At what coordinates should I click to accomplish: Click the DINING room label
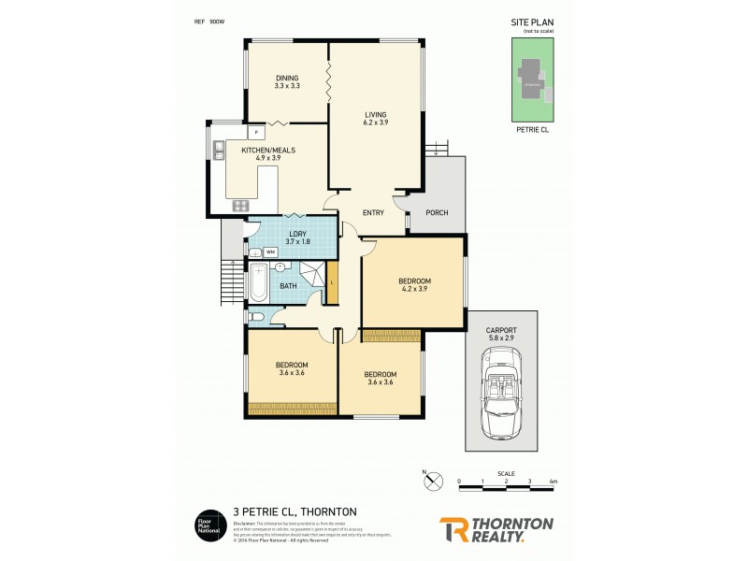(286, 78)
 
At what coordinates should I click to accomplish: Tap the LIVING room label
(375, 115)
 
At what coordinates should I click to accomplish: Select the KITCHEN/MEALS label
(261, 151)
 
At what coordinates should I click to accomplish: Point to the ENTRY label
(373, 212)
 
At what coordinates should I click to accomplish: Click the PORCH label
(437, 212)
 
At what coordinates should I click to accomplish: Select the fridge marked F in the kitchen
(256, 133)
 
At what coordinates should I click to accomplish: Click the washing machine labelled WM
(270, 252)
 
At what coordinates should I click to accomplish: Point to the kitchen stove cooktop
(240, 206)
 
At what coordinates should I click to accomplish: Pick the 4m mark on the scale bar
(554, 482)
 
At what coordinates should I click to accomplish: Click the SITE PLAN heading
(533, 21)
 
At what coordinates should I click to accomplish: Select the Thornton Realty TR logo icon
(453, 529)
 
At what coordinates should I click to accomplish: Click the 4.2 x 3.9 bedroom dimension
(414, 290)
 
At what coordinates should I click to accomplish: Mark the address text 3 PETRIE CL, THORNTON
(295, 511)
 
